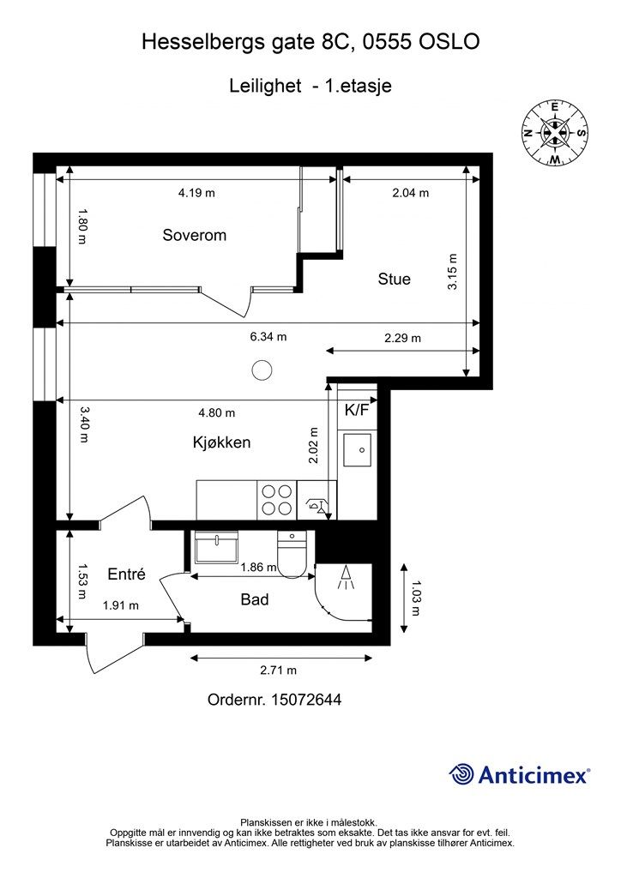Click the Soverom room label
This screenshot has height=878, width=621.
pyautogui.click(x=195, y=235)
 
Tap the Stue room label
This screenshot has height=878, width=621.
pyautogui.click(x=395, y=279)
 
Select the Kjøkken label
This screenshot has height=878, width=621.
pyautogui.click(x=222, y=442)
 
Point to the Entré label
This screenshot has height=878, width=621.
pyautogui.click(x=127, y=574)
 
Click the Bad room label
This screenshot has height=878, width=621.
pyautogui.click(x=255, y=599)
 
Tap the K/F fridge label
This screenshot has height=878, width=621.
pyautogui.click(x=357, y=411)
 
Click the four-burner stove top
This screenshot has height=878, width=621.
pyautogui.click(x=277, y=500)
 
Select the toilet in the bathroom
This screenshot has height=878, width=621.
pyautogui.click(x=292, y=555)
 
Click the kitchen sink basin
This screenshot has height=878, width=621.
pyautogui.click(x=358, y=449)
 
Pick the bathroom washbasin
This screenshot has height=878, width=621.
pyautogui.click(x=216, y=547)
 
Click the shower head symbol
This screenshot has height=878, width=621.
pyautogui.click(x=346, y=577)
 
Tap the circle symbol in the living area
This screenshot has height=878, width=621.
pyautogui.click(x=262, y=370)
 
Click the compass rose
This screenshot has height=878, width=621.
pyautogui.click(x=554, y=133)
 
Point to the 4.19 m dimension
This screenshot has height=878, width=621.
pyautogui.click(x=196, y=193)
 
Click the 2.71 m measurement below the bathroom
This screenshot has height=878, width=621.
pyautogui.click(x=278, y=671)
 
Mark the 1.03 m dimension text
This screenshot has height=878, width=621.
pyautogui.click(x=415, y=598)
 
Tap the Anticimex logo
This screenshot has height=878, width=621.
pyautogui.click(x=519, y=774)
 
